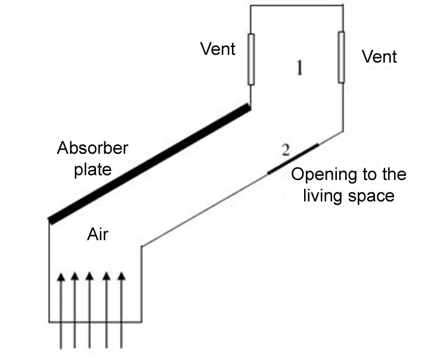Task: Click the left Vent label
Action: (x=218, y=49)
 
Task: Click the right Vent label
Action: (x=379, y=57)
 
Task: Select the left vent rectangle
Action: (x=251, y=59)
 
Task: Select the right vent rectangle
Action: (x=341, y=57)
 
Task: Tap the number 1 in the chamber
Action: (x=300, y=69)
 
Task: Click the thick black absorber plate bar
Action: (x=149, y=164)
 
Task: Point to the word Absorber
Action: (x=92, y=148)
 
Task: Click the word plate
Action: (x=92, y=169)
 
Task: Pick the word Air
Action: (x=98, y=235)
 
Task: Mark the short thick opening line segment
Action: (x=293, y=159)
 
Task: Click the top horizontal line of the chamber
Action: (x=296, y=5)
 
